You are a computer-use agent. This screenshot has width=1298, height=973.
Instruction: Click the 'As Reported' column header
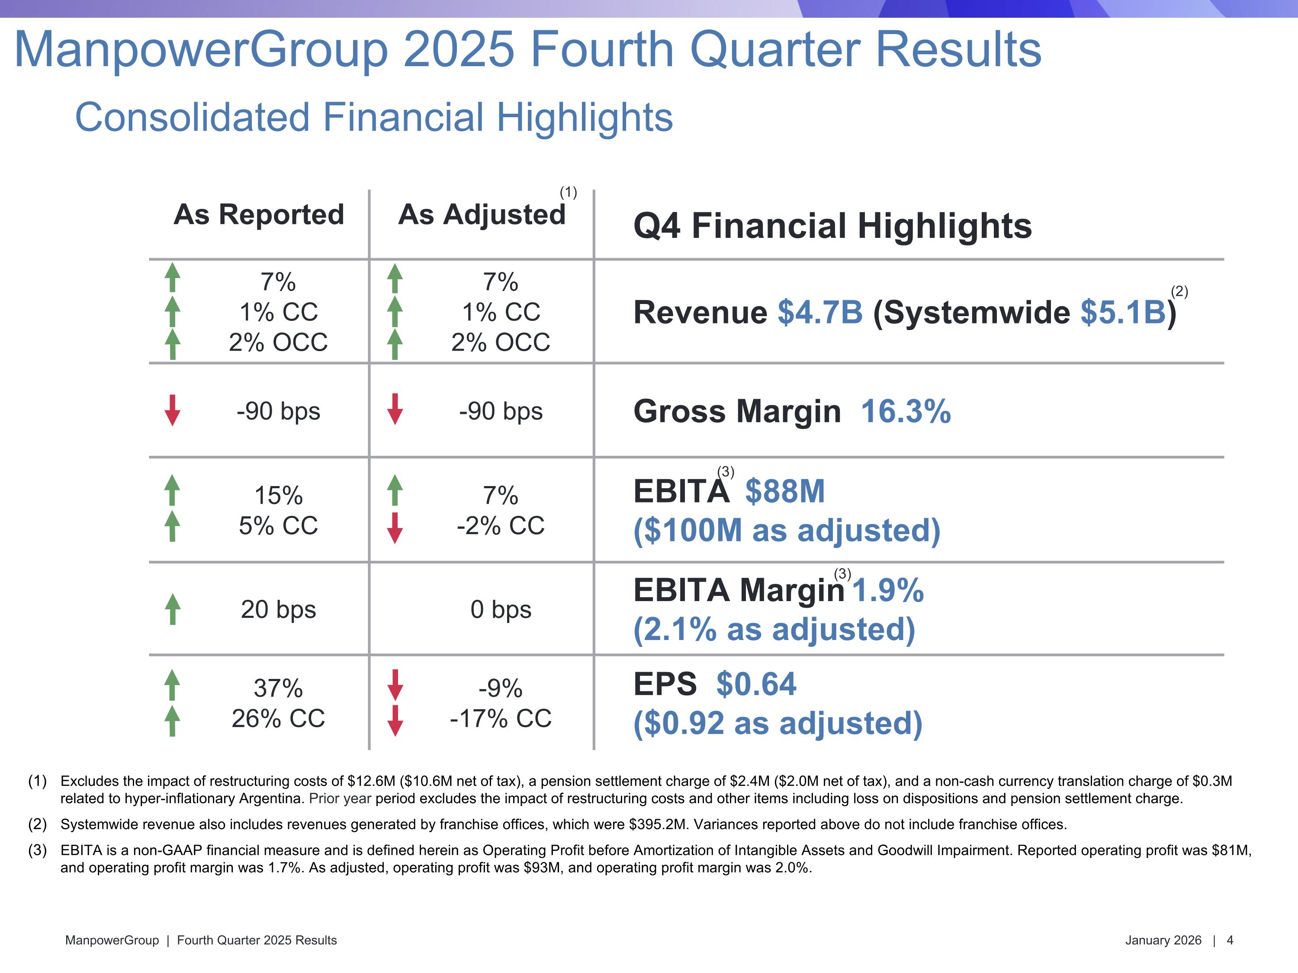pyautogui.click(x=259, y=214)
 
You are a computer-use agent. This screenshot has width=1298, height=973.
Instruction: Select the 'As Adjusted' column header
pyautogui.click(x=481, y=214)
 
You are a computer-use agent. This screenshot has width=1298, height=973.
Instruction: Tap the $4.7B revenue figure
pyautogui.click(x=820, y=312)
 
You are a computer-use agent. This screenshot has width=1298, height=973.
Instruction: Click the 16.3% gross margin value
pyautogui.click(x=906, y=411)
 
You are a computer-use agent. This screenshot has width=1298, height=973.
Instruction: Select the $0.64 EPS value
pyautogui.click(x=756, y=684)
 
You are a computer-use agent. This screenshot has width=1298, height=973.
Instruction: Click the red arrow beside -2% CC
pyautogui.click(x=395, y=528)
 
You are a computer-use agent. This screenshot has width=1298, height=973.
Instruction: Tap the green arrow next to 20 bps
pyautogui.click(x=173, y=609)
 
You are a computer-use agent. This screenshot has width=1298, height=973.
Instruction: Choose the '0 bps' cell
pyautogui.click(x=501, y=609)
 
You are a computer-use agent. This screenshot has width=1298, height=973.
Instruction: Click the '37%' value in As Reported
pyautogui.click(x=278, y=688)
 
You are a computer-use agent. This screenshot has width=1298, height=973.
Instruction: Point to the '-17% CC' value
pyautogui.click(x=501, y=718)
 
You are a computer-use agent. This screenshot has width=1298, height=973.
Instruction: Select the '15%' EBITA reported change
pyautogui.click(x=278, y=496)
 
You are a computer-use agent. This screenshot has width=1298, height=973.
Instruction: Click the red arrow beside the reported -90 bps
pyautogui.click(x=173, y=410)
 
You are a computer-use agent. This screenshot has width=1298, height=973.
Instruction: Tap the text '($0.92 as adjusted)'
pyautogui.click(x=778, y=723)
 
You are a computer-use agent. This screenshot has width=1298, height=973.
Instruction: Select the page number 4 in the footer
pyautogui.click(x=1230, y=940)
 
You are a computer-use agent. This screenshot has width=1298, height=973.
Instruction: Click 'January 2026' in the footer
pyautogui.click(x=1163, y=940)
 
